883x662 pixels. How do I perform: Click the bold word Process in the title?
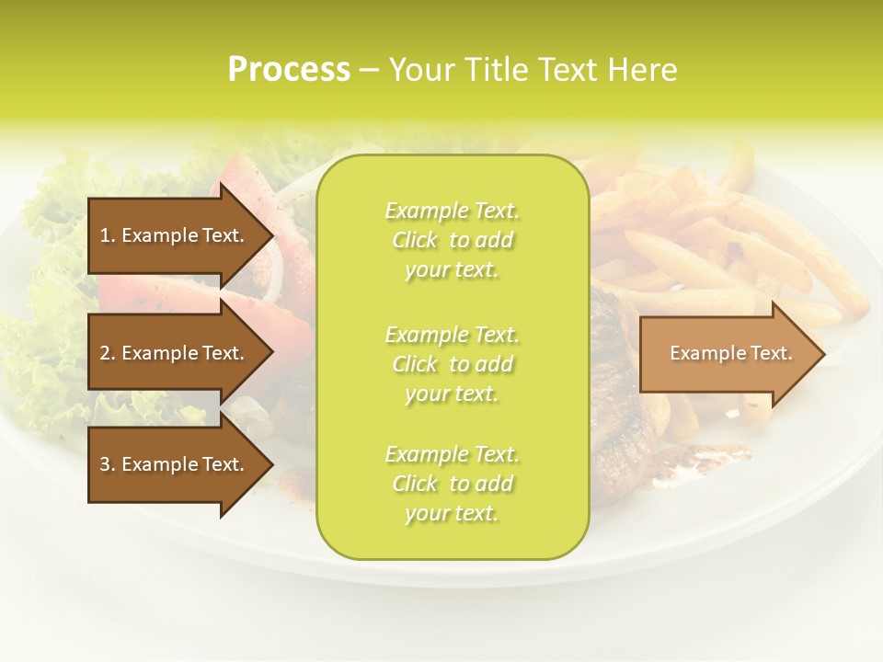tap(289, 70)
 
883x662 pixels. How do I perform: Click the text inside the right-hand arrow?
tap(730, 353)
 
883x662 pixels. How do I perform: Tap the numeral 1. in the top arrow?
tap(108, 235)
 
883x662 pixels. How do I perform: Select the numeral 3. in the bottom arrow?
tap(108, 464)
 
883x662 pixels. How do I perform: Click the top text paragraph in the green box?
tap(452, 240)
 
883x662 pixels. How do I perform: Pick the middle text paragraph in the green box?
tap(452, 364)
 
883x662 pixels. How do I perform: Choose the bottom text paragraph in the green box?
tap(452, 484)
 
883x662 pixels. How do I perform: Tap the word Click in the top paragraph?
tap(415, 240)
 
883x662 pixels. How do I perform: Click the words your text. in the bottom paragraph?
tap(452, 513)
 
